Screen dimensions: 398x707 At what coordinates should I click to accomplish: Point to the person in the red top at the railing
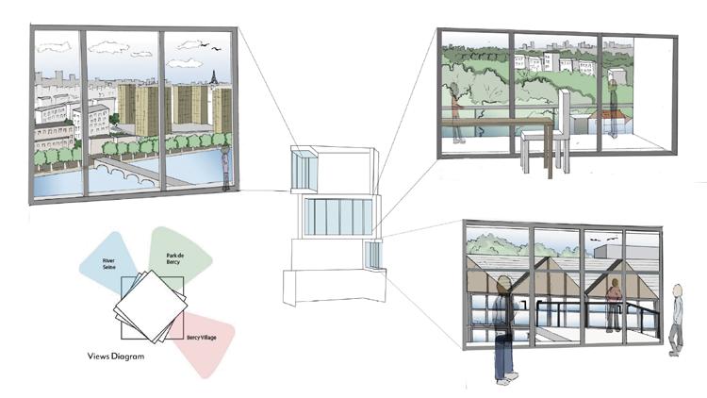click(x=614, y=302)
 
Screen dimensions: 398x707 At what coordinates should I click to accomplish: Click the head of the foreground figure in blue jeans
click(x=503, y=284)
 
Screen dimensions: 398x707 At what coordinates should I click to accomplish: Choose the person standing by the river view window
click(x=226, y=168)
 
